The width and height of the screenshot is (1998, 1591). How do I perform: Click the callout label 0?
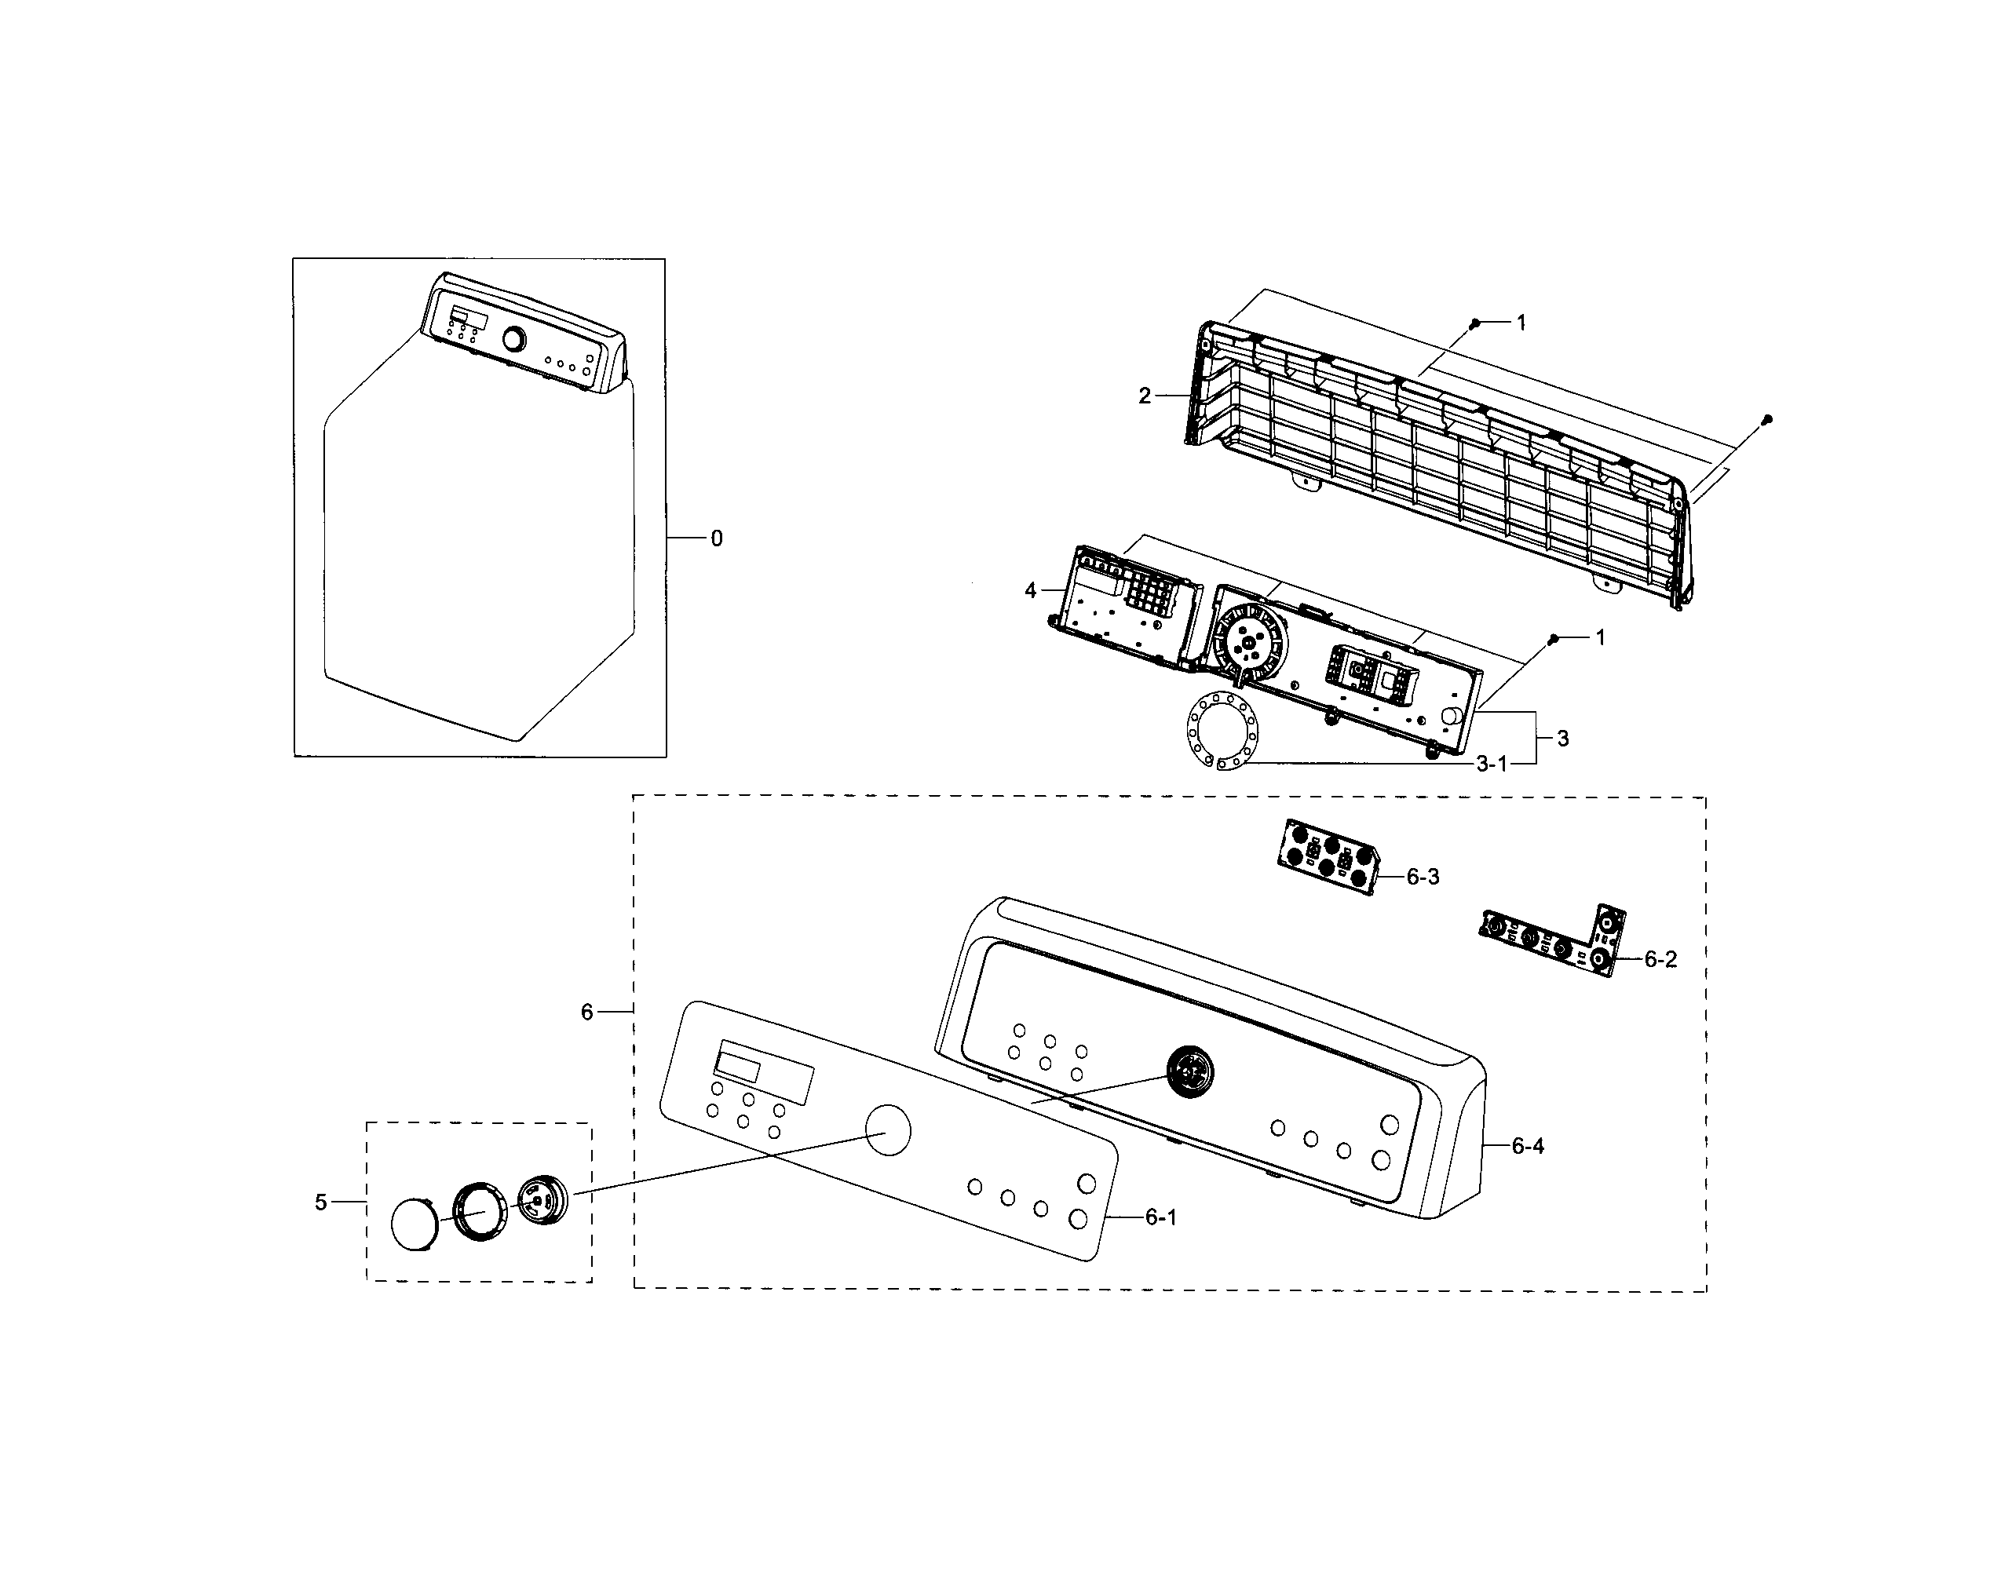click(x=716, y=538)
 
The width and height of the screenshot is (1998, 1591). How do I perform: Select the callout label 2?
click(x=1145, y=396)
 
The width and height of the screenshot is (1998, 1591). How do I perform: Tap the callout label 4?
click(x=1031, y=590)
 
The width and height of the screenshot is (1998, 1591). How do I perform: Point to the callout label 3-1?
click(x=1492, y=764)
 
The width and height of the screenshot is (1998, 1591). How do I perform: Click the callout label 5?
click(x=320, y=1202)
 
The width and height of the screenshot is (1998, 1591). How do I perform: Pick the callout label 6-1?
click(x=1160, y=1217)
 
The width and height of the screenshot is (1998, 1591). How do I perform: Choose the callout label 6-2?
click(x=1660, y=960)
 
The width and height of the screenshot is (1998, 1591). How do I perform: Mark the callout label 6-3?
click(x=1423, y=877)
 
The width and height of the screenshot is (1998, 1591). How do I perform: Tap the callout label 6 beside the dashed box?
click(x=586, y=1013)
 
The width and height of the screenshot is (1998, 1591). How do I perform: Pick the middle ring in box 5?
click(x=480, y=1211)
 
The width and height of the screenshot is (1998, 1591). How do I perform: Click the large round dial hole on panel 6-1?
click(x=887, y=1130)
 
